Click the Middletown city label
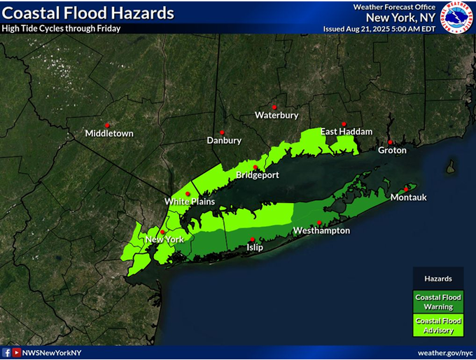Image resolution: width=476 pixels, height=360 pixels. pos(108,133)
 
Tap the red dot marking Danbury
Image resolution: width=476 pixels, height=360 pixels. pos(222,132)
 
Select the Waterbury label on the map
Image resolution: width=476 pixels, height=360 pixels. pos(276,115)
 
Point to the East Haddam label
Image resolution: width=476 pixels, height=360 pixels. pos(346,132)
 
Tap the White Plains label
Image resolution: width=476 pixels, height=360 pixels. pos(190,202)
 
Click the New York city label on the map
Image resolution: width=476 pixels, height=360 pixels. pos(164,240)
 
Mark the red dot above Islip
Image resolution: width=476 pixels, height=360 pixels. pos(253,239)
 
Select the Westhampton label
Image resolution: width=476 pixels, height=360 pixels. pos(321,230)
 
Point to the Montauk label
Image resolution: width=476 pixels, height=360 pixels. pos(409,198)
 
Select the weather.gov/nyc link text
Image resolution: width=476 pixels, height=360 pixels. pos(444,353)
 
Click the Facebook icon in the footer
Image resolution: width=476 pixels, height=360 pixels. pos(6,353)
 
